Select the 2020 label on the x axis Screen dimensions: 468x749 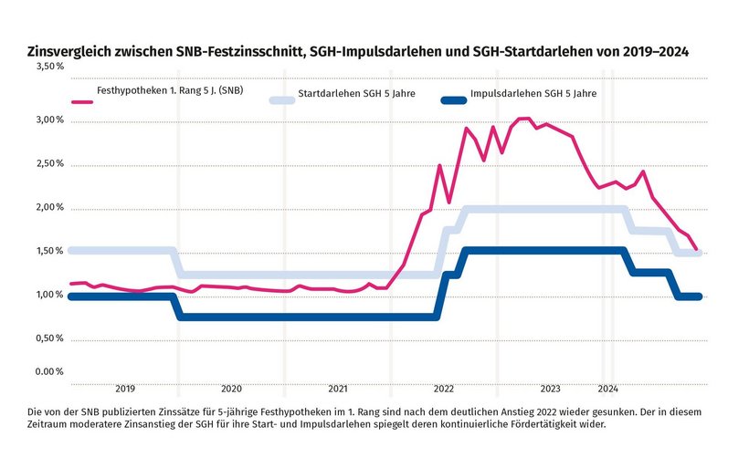click(231, 388)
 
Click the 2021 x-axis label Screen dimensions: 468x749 click(338, 388)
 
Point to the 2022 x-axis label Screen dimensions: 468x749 click(444, 388)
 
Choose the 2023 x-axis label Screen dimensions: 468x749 click(551, 388)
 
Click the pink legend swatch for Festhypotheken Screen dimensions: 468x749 click(82, 101)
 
